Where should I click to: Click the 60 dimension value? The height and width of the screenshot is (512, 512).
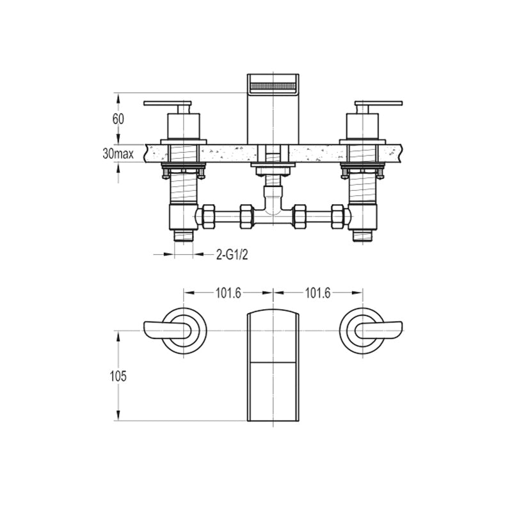(x=118, y=119)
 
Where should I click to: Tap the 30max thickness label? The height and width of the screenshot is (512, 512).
(x=118, y=154)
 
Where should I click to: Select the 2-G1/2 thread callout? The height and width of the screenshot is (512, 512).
(x=232, y=255)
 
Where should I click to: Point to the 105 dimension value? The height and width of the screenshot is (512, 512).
(x=118, y=376)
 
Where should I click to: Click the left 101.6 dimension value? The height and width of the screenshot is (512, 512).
(x=228, y=293)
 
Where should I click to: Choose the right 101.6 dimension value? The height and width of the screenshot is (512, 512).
(x=317, y=293)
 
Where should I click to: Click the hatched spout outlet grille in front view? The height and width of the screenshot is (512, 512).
(x=273, y=87)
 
